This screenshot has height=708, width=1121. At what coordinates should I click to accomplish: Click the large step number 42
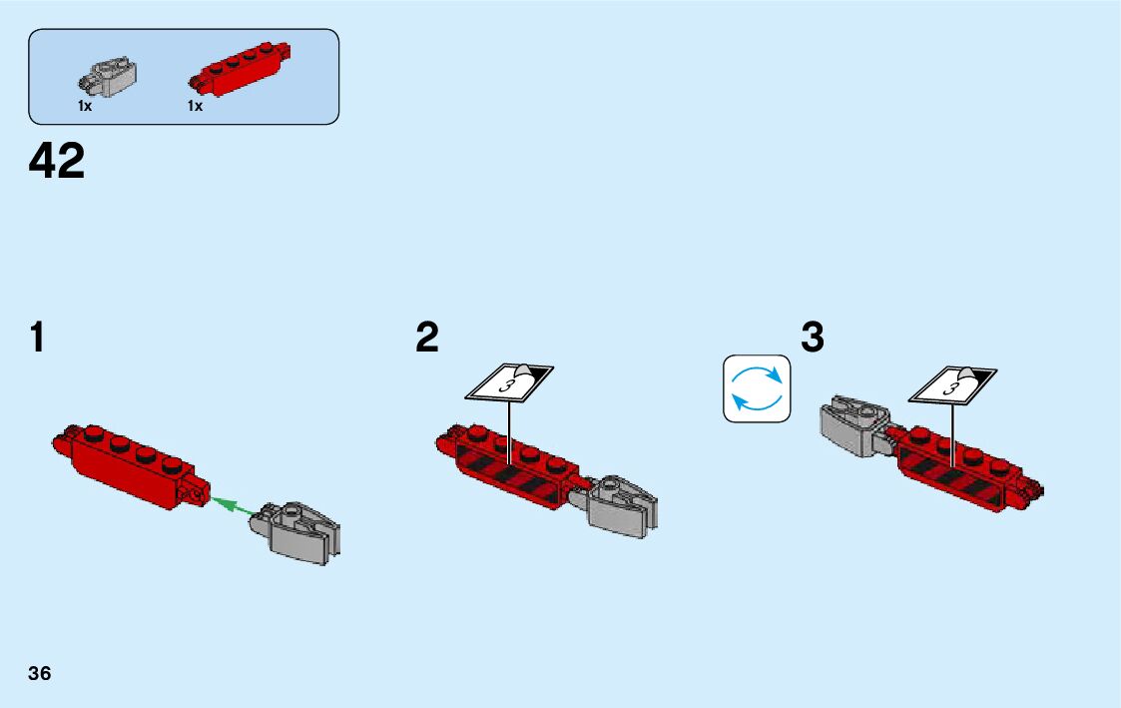click(58, 162)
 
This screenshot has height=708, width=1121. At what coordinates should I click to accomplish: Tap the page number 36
click(40, 673)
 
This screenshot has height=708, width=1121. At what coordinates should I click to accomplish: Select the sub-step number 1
click(37, 339)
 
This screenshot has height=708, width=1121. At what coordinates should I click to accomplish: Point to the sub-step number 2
click(426, 339)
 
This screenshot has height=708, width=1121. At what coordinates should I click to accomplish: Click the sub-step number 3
click(813, 339)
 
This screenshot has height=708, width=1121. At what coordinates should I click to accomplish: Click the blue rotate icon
click(756, 387)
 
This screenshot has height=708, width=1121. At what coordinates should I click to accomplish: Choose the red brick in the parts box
click(240, 70)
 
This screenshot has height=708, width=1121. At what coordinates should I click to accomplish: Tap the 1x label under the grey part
click(85, 106)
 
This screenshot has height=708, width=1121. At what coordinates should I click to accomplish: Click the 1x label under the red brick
click(195, 106)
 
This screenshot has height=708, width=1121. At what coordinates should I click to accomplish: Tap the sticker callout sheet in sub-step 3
click(953, 384)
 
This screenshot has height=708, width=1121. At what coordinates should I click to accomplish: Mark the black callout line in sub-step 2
click(509, 429)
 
